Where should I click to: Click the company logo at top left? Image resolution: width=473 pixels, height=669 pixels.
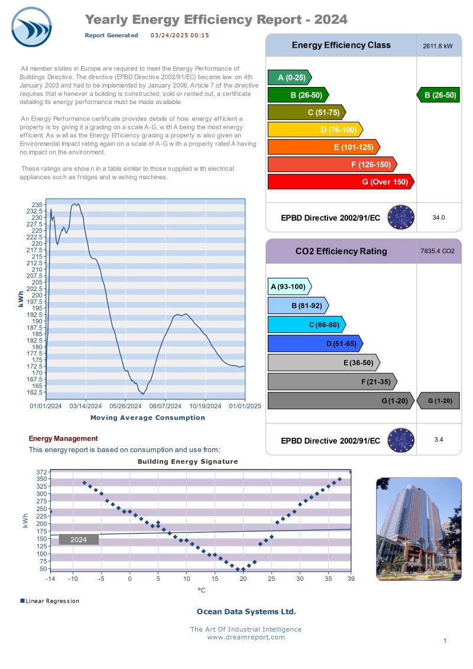pos(31,27)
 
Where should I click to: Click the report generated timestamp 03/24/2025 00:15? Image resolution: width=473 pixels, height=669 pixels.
pos(180,35)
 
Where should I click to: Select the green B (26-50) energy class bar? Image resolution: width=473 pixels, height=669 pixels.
pos(299,95)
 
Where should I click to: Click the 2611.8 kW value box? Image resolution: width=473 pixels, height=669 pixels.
pos(438,46)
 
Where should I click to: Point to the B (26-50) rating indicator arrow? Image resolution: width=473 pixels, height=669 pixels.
pos(438,95)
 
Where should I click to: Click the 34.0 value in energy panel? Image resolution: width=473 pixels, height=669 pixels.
pos(438,218)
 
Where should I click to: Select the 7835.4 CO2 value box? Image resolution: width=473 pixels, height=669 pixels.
pos(438,251)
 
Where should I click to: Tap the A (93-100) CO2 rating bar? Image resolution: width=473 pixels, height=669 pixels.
pos(289,287)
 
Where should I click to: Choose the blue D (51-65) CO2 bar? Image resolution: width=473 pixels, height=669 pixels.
pos(315,344)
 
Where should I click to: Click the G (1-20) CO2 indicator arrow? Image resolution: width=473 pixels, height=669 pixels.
pos(438,401)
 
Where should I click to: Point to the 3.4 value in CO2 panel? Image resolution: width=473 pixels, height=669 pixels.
pos(438,439)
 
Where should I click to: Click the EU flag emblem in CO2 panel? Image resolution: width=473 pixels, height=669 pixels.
pos(401,440)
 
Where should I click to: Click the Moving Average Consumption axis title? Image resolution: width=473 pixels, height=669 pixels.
pos(147,418)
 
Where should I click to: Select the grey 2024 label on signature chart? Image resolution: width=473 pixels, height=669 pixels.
pos(79,539)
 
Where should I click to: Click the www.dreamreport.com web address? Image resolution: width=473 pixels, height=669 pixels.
pos(245,637)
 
